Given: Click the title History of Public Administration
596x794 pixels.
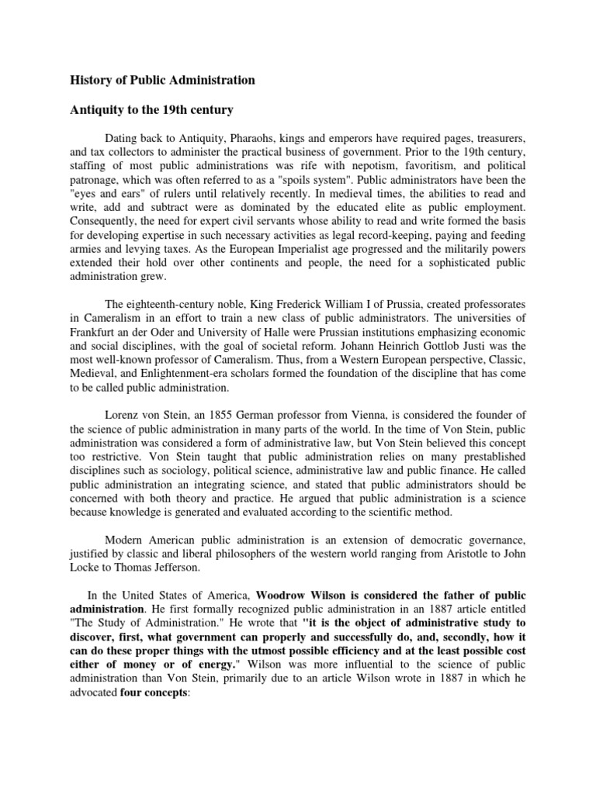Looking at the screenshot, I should point(162,80).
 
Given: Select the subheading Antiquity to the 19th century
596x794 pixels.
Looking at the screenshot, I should point(151,110).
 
